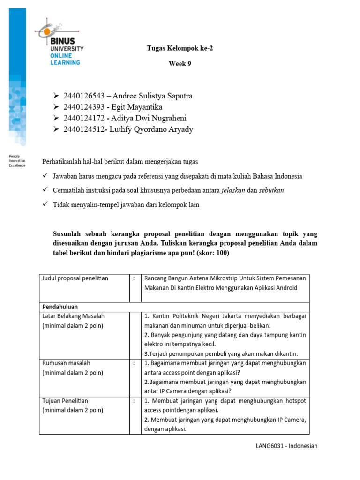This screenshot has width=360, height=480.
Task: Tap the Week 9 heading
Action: pos(180,64)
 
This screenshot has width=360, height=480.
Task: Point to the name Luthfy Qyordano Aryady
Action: pos(151,129)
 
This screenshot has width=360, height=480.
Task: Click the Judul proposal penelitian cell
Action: pos(75,278)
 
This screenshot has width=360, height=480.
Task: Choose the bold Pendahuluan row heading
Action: pos(60,306)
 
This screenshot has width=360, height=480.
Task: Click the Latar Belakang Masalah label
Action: pos(73,316)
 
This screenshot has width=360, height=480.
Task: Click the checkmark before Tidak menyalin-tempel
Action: pos(45,204)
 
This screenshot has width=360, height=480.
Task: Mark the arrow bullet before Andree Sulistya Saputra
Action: pos(57,96)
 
